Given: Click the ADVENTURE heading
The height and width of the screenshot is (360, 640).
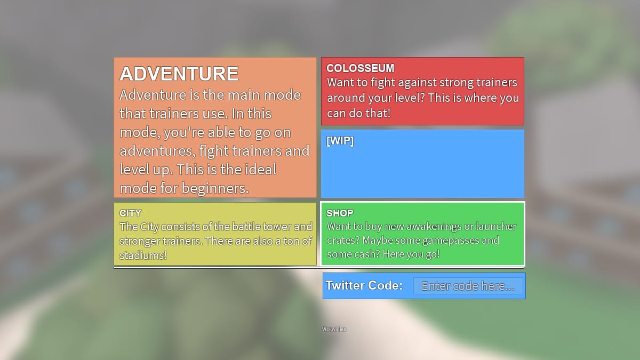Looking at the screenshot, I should click(179, 74).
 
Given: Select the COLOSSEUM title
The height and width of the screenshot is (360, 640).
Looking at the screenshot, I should click(360, 68).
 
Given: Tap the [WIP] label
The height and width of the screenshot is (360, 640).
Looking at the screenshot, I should click(340, 141).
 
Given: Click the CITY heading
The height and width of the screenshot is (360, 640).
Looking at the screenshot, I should click(130, 213).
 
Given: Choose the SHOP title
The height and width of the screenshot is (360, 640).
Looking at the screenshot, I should click(340, 213).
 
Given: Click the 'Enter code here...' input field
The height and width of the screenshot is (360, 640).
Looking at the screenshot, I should click(468, 286).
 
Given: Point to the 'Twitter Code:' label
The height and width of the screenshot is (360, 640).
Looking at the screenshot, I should click(364, 285).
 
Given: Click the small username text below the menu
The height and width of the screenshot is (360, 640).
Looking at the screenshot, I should click(334, 329).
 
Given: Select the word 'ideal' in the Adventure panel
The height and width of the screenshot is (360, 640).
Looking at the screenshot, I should click(257, 170).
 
